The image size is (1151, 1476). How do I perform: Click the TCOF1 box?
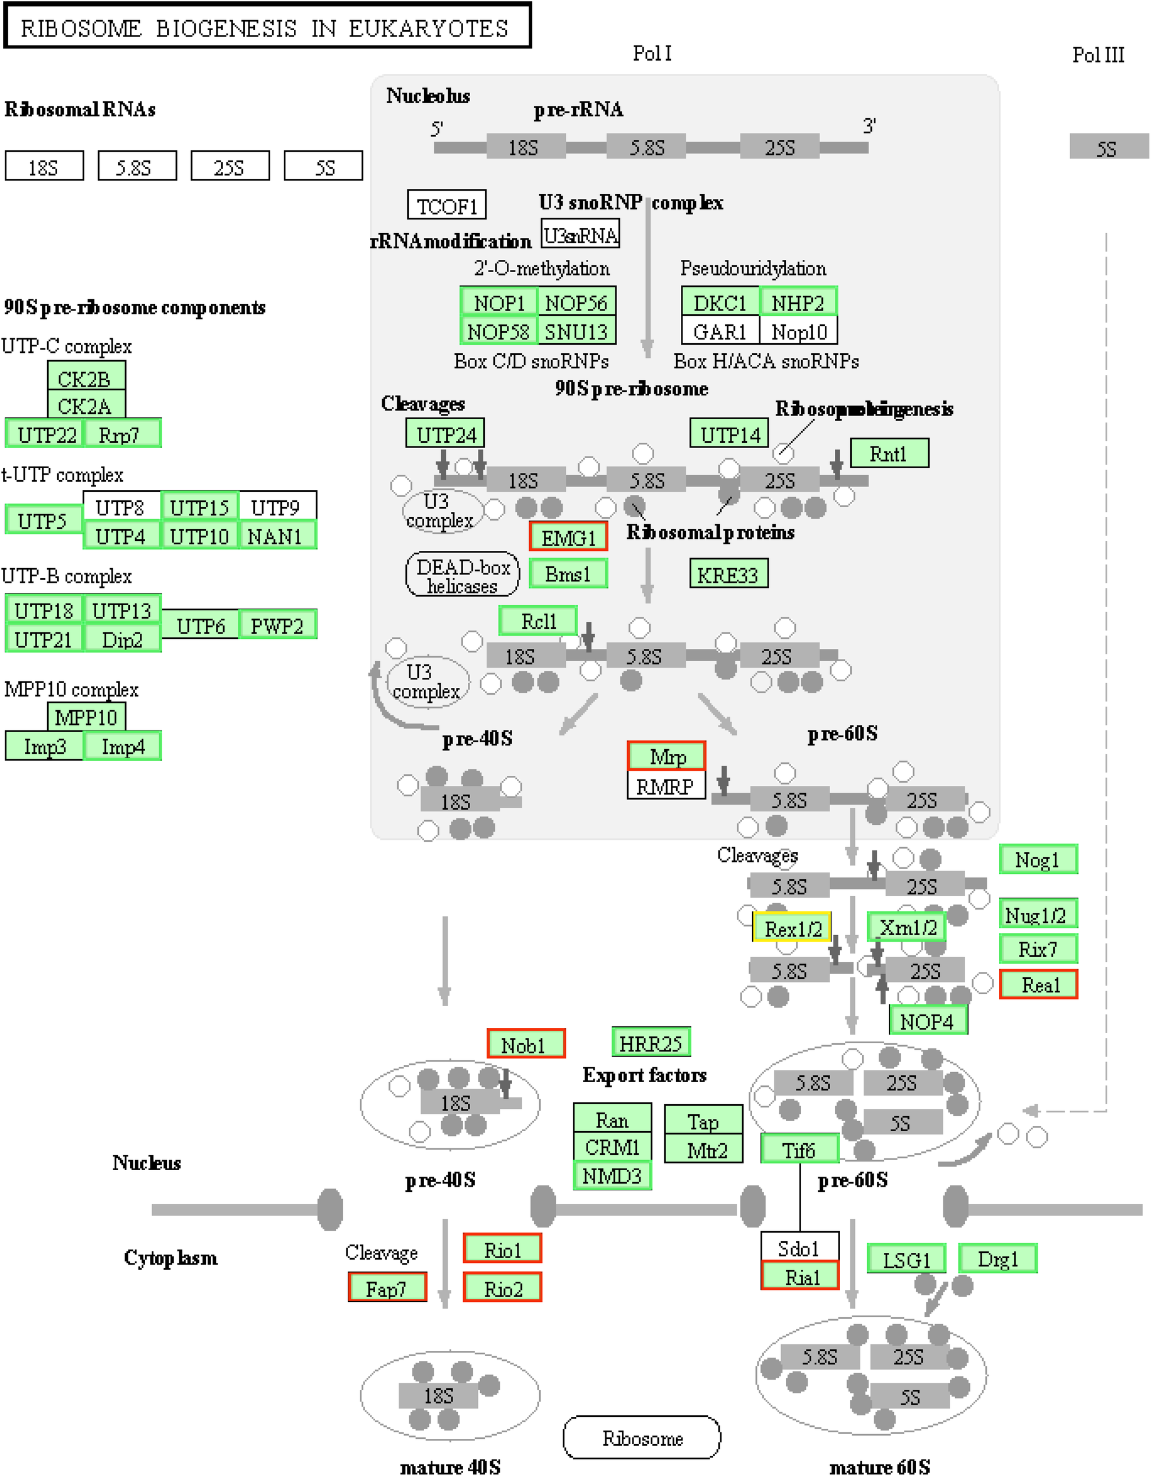[x=447, y=205]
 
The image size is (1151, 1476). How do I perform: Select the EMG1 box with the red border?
[x=568, y=537]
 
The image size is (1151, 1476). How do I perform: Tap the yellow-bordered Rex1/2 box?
[x=792, y=929]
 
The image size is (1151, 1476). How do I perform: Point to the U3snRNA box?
[x=581, y=235]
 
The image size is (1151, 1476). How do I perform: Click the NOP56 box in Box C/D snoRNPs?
[x=576, y=303]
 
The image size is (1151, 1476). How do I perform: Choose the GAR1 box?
[x=720, y=332]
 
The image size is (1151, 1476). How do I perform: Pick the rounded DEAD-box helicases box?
[x=463, y=576]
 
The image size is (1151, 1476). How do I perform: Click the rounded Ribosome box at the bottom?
[x=642, y=1438]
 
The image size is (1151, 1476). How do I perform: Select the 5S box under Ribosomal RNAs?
[x=323, y=166]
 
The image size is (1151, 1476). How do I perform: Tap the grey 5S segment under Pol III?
[x=1108, y=148]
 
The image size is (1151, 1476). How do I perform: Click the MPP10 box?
[x=86, y=717]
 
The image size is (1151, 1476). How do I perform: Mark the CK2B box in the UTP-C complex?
[x=86, y=378]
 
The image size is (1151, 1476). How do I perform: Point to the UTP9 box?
[x=276, y=507]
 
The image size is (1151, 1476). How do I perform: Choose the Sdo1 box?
[x=799, y=1248]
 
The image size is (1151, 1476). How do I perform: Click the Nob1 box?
[x=526, y=1045]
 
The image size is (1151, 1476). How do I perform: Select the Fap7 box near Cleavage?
[x=387, y=1289]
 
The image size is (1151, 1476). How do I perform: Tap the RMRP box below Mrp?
[x=665, y=786]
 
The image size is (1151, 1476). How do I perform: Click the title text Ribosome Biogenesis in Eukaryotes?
[x=266, y=28]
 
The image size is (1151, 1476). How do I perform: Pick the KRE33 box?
[x=728, y=574]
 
